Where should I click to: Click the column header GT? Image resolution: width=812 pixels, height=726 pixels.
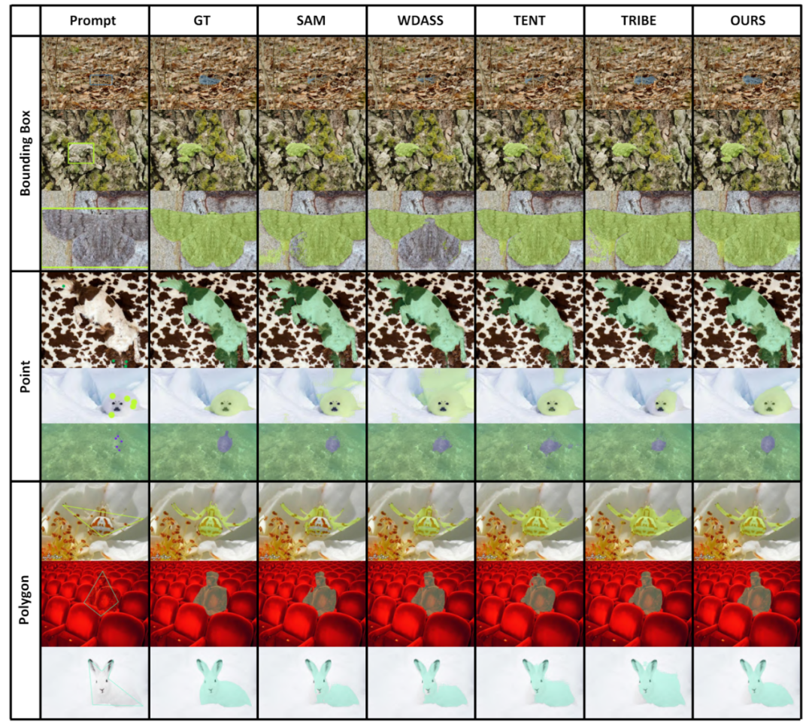tap(203, 21)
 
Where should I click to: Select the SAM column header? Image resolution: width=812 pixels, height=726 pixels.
tap(312, 21)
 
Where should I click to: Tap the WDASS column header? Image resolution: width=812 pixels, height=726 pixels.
tap(421, 21)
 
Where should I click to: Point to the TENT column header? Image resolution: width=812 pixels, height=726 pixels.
tap(529, 21)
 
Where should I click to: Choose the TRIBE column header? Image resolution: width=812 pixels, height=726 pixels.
tap(638, 21)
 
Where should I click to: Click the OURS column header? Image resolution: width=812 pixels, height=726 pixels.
tap(747, 21)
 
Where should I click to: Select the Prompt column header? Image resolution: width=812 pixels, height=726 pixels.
tap(93, 21)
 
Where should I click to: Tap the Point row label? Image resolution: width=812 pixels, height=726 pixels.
tap(25, 375)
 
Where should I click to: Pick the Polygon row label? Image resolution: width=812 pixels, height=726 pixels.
tap(25, 598)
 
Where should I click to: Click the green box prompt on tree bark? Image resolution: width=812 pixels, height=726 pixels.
tap(80, 153)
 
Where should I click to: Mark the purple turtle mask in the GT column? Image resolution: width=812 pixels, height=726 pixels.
tap(223, 442)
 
